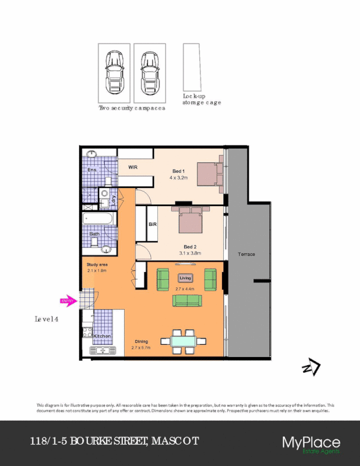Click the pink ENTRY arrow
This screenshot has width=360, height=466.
(x=68, y=301)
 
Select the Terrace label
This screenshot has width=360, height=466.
(x=246, y=255)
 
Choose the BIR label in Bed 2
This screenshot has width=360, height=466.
(x=153, y=224)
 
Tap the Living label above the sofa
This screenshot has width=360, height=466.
(x=185, y=278)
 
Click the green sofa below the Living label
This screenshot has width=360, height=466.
(x=187, y=301)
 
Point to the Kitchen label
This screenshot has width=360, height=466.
(x=102, y=336)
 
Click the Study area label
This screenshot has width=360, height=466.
(x=97, y=264)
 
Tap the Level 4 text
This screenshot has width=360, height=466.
(x=47, y=319)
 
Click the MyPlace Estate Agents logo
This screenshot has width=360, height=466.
(x=310, y=444)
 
